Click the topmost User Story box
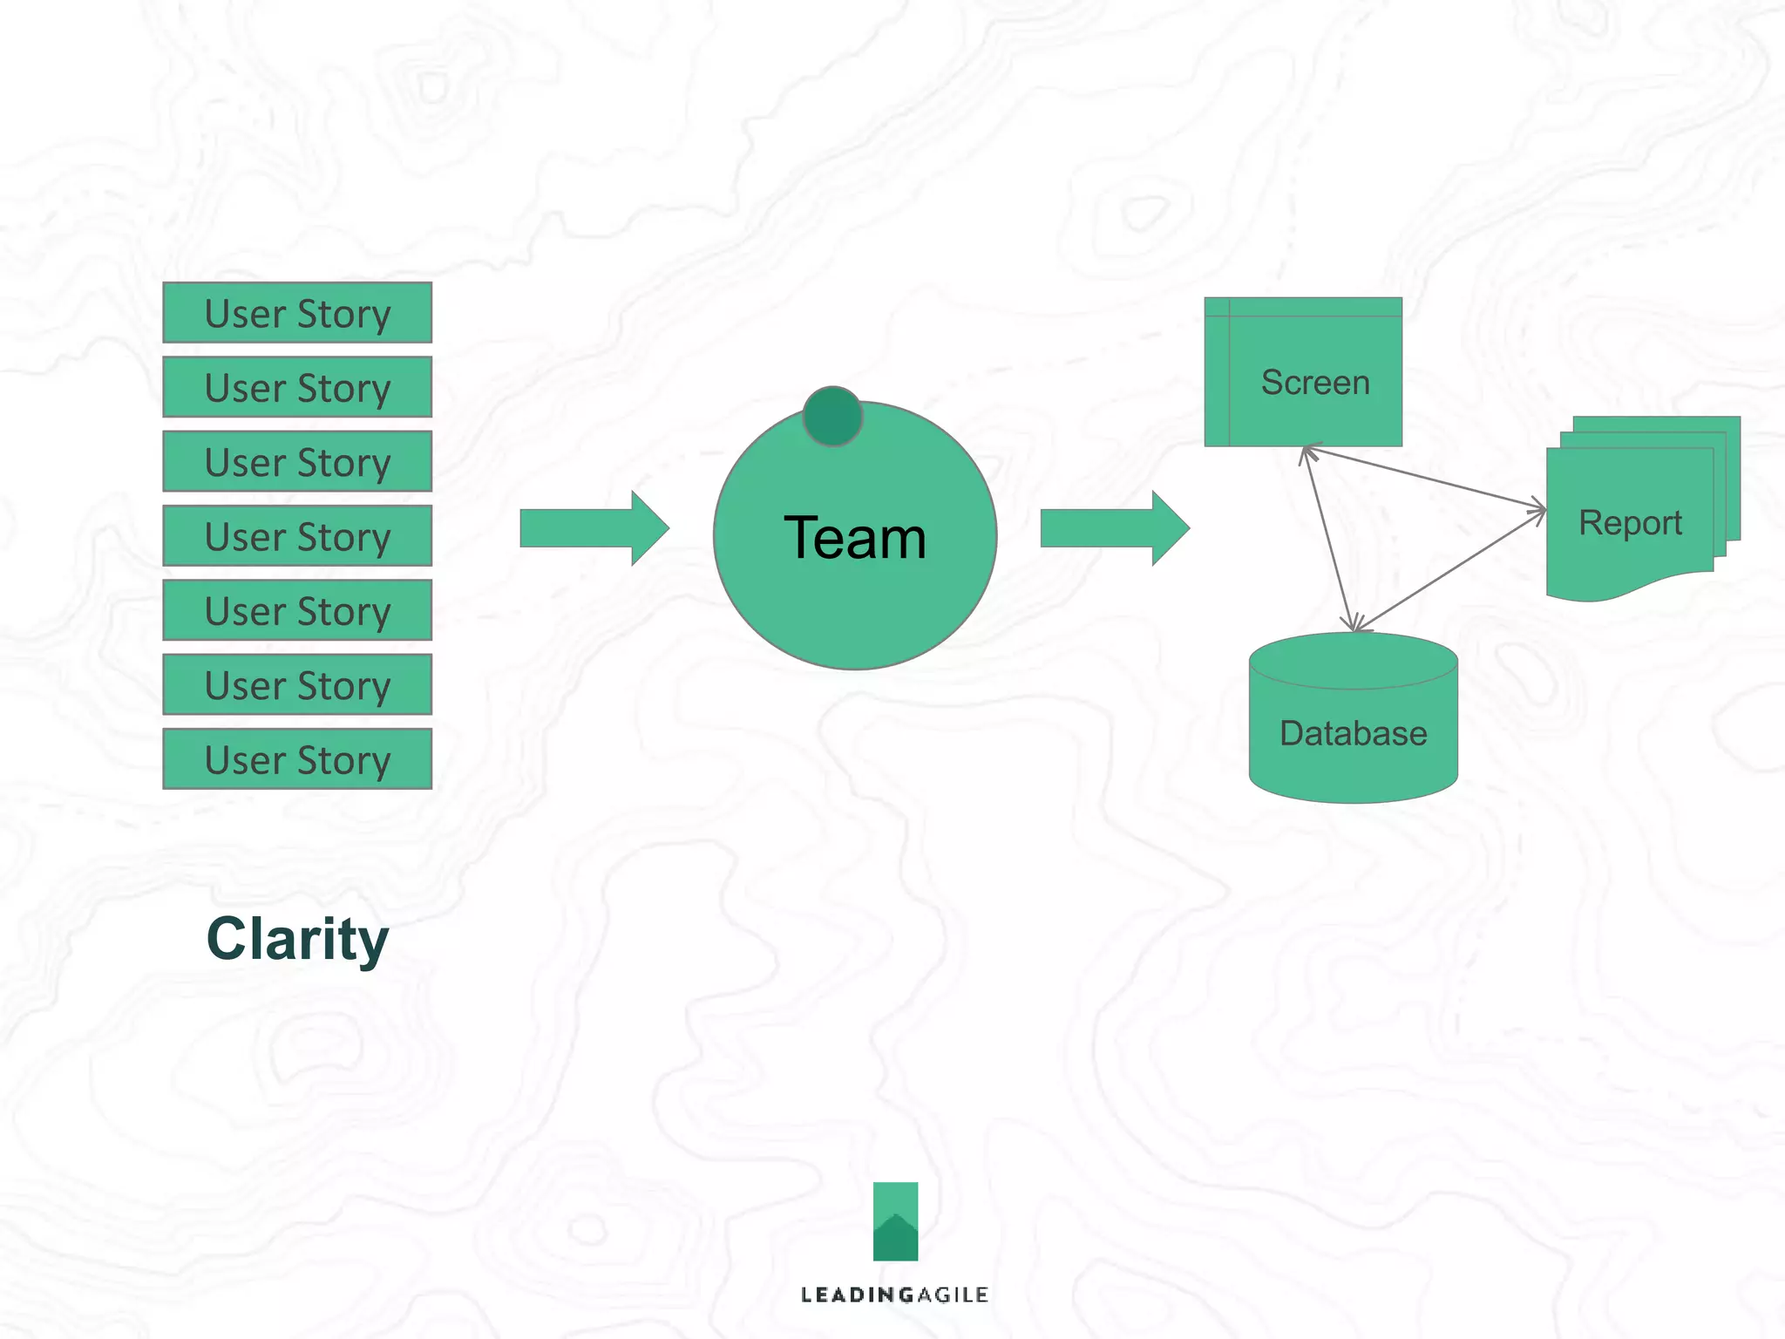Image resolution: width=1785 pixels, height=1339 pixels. click(297, 313)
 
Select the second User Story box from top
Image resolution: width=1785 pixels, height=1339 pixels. click(297, 387)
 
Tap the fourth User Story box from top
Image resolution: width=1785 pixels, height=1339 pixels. click(297, 536)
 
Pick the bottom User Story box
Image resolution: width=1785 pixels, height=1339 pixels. click(297, 759)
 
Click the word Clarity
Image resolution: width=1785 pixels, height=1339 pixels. click(297, 939)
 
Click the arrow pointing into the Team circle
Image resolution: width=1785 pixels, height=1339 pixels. click(594, 528)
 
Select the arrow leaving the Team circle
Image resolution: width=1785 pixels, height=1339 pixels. click(1114, 528)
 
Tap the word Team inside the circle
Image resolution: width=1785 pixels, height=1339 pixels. click(854, 538)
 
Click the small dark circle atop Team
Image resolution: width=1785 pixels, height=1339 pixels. click(832, 417)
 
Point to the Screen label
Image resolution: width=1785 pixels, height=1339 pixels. click(1315, 383)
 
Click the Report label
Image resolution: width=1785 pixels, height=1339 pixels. click(1630, 523)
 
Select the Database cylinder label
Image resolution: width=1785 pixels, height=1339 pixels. click(1353, 733)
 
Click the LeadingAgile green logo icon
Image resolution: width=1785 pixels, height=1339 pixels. click(895, 1220)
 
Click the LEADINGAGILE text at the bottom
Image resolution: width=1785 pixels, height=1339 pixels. click(894, 1295)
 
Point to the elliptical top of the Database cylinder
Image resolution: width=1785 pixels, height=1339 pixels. click(1353, 661)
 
